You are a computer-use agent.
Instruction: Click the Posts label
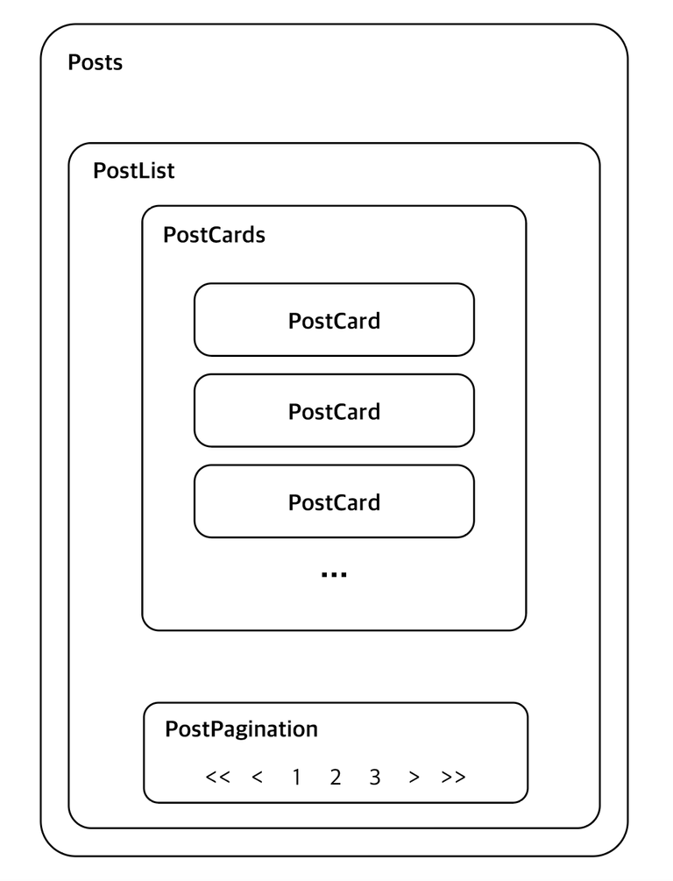tap(95, 62)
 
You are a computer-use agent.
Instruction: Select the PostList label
tap(134, 171)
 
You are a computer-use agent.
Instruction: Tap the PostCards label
tap(214, 235)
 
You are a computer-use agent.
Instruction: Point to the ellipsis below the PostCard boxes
tap(334, 574)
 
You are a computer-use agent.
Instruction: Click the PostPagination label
tap(242, 729)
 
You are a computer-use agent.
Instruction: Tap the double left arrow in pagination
tap(218, 777)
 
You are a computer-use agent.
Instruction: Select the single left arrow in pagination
tap(258, 777)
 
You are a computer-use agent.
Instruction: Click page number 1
tap(296, 777)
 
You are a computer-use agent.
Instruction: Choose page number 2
tap(336, 777)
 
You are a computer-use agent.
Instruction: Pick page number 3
tap(375, 777)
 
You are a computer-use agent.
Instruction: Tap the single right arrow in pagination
tap(414, 777)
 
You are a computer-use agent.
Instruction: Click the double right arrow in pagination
tap(453, 777)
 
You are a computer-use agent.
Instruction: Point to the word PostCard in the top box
tap(334, 321)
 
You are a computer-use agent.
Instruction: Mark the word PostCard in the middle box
tap(334, 412)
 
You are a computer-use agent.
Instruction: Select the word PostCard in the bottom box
tap(334, 502)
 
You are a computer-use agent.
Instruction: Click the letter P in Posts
tap(74, 62)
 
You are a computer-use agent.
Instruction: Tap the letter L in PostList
tap(140, 171)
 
